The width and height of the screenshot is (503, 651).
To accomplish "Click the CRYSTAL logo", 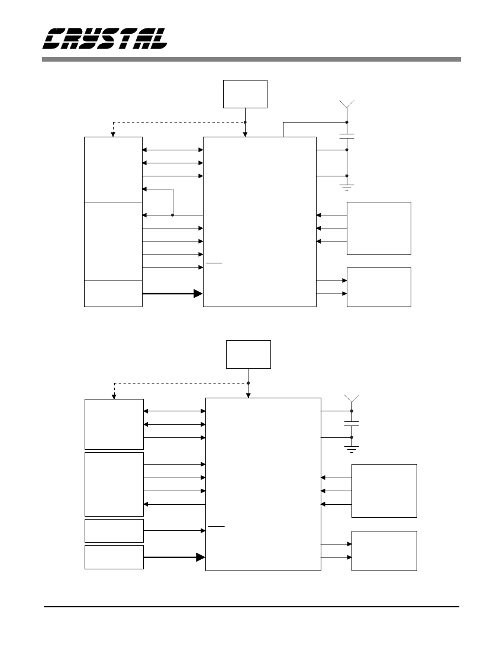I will [105, 38].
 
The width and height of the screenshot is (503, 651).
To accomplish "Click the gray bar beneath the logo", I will [251, 59].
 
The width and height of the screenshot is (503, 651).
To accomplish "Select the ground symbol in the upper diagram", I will [347, 188].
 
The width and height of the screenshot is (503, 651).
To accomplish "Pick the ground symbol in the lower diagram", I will [352, 448].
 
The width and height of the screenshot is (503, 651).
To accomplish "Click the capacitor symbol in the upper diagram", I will [347, 136].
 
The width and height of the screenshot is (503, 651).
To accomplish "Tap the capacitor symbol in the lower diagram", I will [352, 424].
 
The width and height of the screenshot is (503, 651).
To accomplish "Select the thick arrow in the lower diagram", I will [175, 557].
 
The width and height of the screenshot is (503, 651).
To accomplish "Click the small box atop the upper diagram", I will [245, 94].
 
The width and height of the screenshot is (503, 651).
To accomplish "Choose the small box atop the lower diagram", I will [249, 354].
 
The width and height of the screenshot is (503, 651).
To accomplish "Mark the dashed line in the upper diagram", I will [178, 123].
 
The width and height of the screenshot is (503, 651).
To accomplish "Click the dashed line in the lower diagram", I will [180, 383].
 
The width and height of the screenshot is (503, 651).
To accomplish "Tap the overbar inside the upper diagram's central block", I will [214, 262].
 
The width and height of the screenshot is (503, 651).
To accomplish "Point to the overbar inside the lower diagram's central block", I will [217, 525].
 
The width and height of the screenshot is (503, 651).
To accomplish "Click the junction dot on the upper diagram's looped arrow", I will [172, 215].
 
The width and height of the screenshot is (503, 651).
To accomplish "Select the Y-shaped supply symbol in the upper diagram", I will [347, 105].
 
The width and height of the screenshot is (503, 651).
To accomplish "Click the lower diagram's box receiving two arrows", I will [384, 550].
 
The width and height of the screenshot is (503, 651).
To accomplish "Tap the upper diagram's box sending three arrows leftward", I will [379, 228].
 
